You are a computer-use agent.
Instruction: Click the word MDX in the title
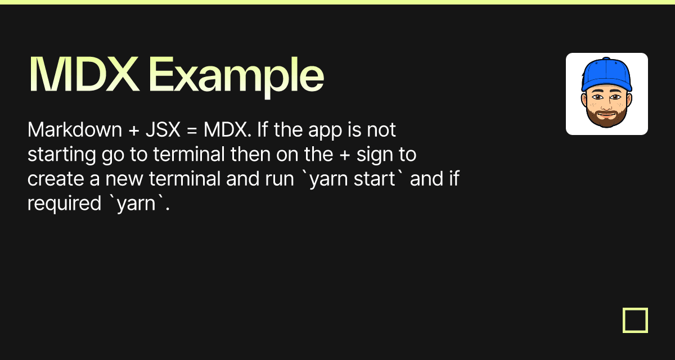click(x=84, y=74)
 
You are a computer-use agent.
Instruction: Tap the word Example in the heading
click(x=236, y=77)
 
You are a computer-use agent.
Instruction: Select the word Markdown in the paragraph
click(x=75, y=129)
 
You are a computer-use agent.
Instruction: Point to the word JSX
click(x=163, y=130)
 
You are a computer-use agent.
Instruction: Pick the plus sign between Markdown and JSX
click(x=134, y=130)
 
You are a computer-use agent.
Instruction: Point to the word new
click(x=124, y=179)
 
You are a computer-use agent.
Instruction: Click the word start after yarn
click(x=374, y=179)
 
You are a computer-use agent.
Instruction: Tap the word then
click(x=250, y=154)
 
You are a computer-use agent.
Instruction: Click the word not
click(x=381, y=130)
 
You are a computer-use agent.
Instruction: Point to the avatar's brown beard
click(x=606, y=118)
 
